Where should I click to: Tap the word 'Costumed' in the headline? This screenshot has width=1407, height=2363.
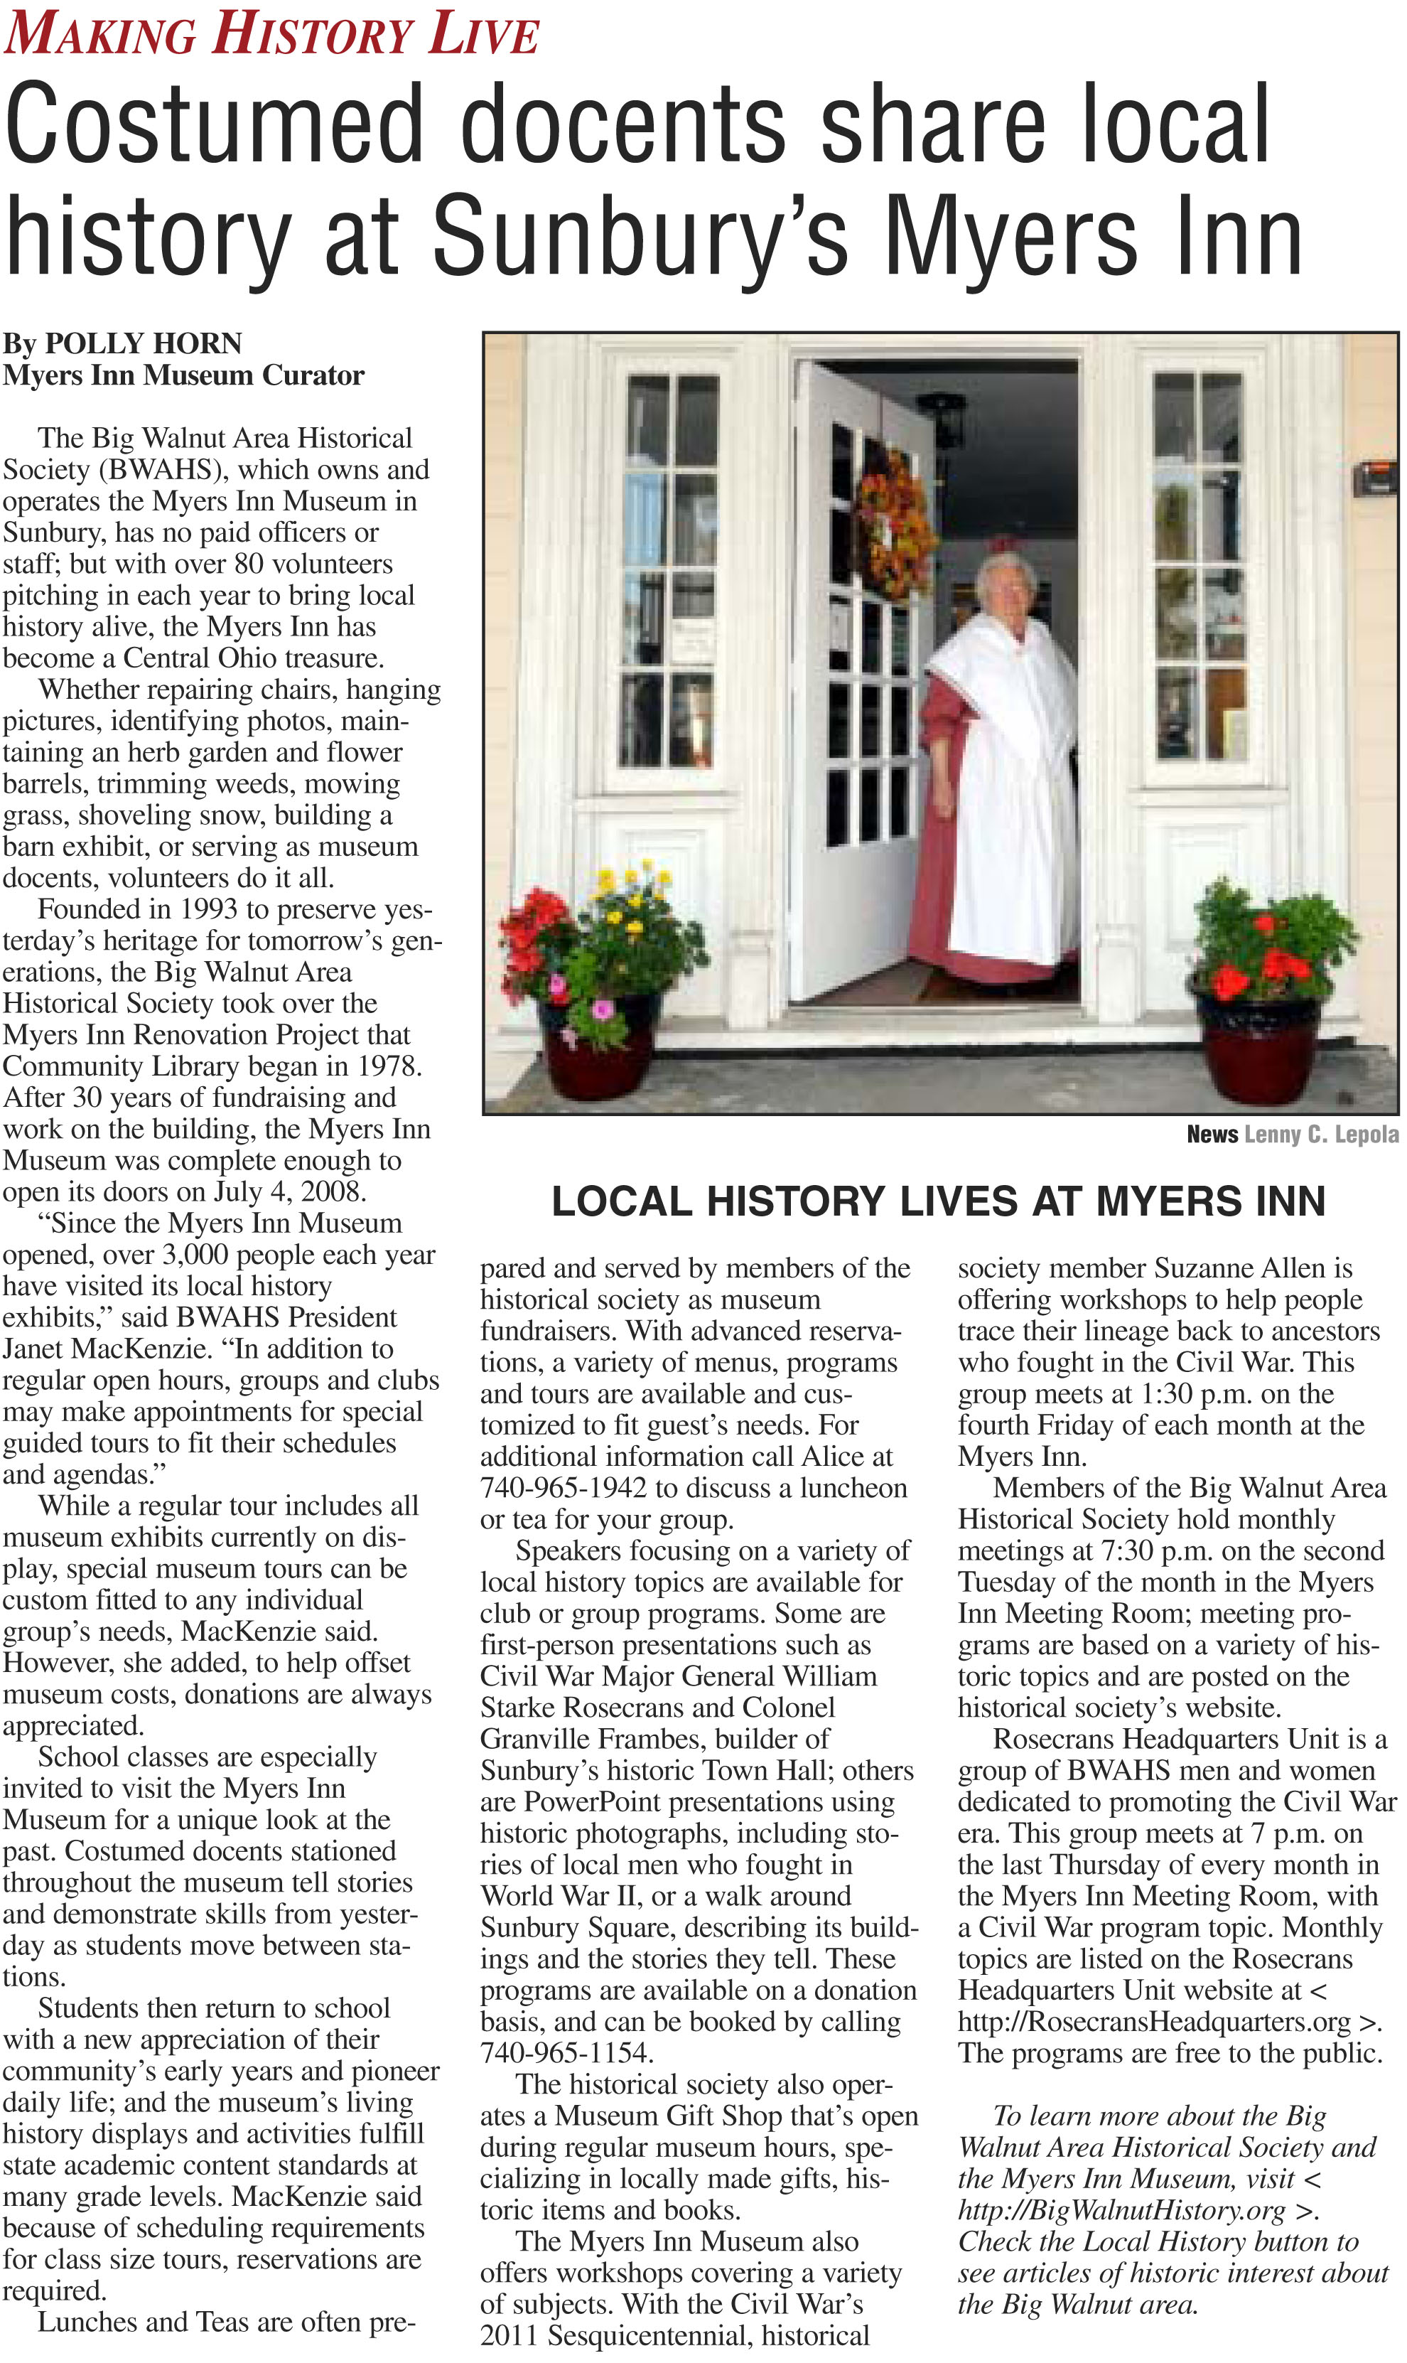(x=213, y=124)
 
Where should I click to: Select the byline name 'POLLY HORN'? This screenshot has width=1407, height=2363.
(x=143, y=343)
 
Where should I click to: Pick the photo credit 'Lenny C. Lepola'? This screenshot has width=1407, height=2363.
(x=1321, y=1135)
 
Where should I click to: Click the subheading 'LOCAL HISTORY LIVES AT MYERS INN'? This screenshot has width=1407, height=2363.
(x=938, y=1202)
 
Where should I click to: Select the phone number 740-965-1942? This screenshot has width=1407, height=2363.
(x=564, y=1489)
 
